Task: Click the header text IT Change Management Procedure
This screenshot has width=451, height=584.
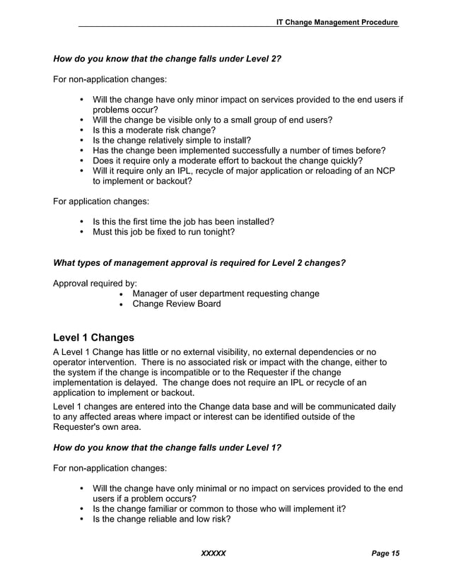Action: coord(337,23)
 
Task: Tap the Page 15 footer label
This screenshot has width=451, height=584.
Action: coord(385,553)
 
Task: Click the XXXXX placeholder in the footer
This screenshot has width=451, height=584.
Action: coord(213,553)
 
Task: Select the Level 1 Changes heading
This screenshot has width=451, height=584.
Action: coord(93,337)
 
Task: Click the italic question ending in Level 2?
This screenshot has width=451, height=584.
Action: coord(167,58)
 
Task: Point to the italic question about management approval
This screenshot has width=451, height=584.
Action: coord(199,263)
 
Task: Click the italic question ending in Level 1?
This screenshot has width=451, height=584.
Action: coord(167,448)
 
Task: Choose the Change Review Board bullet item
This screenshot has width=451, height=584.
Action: coord(176,304)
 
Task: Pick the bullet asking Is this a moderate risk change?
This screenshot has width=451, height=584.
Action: coord(154,130)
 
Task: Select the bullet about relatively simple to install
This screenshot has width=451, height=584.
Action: coord(172,140)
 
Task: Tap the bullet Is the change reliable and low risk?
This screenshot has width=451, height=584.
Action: coord(162,518)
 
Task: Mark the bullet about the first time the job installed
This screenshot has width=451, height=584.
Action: coord(183,222)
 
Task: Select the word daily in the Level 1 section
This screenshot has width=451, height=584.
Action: coord(382,407)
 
